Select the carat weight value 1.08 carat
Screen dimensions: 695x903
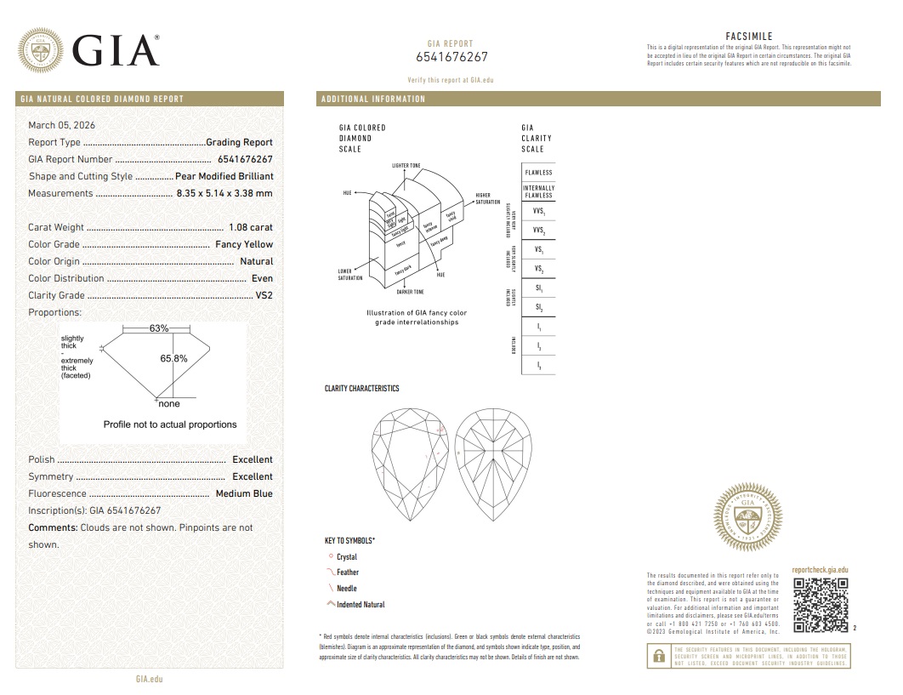pos(251,227)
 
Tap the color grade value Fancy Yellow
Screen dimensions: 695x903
pos(244,244)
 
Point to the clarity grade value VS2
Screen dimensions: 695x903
pos(264,295)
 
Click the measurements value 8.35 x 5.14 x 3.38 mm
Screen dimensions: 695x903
pos(224,193)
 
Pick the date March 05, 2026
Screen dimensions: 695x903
pos(62,125)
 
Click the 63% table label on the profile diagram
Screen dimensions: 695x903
pos(159,328)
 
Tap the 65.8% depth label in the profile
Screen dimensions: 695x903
pos(173,358)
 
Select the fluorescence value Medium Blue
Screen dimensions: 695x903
pos(244,493)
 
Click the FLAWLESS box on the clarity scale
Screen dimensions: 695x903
pos(538,172)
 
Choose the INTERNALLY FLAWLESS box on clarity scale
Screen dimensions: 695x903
pos(538,191)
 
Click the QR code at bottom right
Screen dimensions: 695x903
pos(821,605)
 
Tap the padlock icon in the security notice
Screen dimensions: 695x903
pos(657,657)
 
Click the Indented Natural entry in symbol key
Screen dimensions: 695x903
pos(361,605)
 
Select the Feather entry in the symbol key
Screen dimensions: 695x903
pos(348,573)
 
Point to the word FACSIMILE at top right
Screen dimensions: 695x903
pos(748,37)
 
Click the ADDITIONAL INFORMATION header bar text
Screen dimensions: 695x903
pos(373,99)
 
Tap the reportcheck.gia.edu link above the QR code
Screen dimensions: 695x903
pos(820,570)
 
